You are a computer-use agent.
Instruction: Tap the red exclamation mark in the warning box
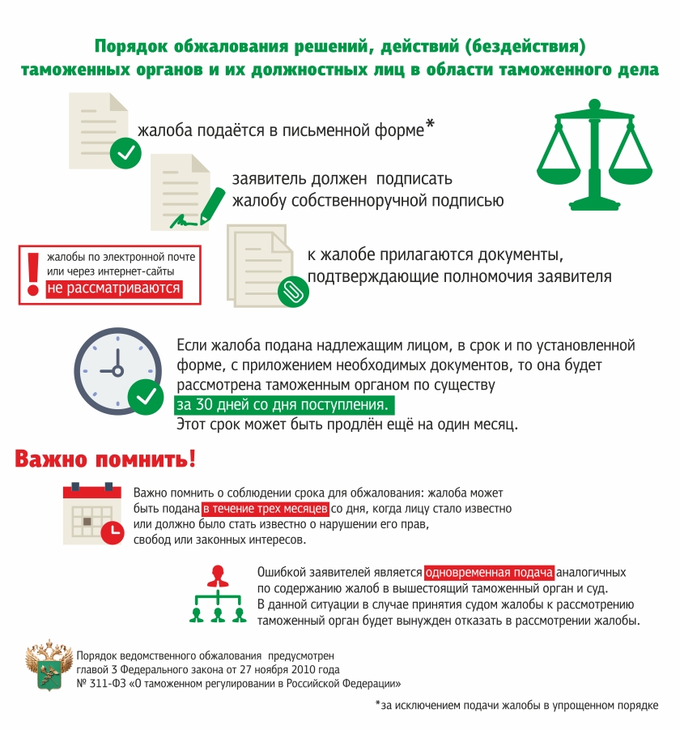tap(33, 274)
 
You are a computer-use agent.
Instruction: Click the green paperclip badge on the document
tap(289, 292)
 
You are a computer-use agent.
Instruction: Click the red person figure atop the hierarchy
tap(217, 576)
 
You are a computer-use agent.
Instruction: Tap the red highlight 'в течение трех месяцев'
tap(266, 509)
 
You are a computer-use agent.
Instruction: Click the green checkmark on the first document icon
tap(125, 152)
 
